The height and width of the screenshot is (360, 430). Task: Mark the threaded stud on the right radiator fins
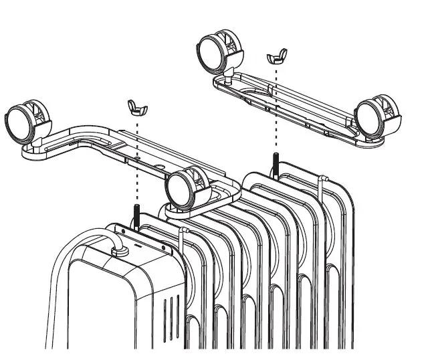274,163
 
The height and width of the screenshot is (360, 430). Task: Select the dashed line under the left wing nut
136,161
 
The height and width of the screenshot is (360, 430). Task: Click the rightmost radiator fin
341,268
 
